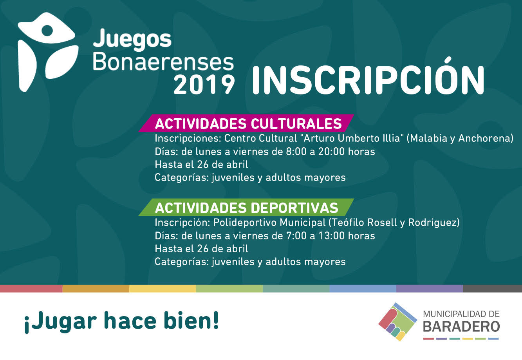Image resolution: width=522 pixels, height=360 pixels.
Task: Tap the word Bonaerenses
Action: point(163,63)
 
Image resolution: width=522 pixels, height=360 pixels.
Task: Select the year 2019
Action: point(204,84)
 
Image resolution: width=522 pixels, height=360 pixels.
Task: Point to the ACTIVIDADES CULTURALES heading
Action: point(248,123)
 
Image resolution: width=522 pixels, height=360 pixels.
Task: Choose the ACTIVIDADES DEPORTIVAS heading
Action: point(246,208)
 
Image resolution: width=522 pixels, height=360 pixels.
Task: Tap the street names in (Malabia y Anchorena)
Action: point(460,139)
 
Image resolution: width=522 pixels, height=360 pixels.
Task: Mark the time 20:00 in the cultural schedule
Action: point(331,152)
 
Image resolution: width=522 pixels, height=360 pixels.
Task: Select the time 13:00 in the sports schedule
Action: point(331,236)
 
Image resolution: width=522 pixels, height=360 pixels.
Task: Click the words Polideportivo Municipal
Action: point(269,223)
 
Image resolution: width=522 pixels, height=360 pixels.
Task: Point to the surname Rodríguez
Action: point(433,223)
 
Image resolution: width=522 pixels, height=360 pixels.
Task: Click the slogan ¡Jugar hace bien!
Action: point(121,321)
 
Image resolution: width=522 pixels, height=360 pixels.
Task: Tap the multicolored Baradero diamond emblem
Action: point(397,322)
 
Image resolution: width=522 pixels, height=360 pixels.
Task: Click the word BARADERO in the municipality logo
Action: point(461,327)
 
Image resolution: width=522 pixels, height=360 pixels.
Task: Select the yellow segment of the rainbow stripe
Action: point(163,288)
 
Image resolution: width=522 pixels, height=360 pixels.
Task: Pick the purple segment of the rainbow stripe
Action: point(429,288)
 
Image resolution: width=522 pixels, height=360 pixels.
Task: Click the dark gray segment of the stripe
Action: point(492,288)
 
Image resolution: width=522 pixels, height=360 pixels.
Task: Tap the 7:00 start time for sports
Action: point(296,236)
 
